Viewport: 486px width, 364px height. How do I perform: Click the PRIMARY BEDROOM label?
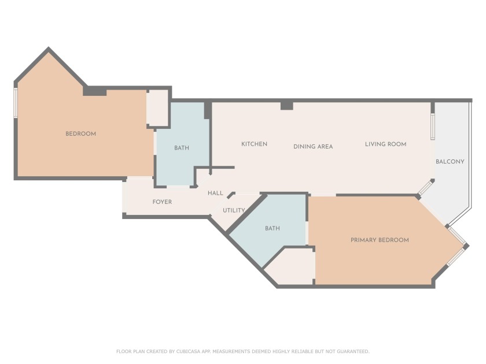380,240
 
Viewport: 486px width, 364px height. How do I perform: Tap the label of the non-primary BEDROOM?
80,134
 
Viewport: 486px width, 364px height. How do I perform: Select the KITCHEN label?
254,144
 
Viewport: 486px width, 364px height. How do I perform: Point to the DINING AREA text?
313,147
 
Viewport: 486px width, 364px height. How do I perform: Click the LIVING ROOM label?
385,144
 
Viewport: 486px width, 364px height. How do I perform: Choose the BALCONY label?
450,162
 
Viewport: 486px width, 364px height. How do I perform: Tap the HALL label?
215,193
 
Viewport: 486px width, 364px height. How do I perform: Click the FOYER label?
162,202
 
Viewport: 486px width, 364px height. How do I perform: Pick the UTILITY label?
234,210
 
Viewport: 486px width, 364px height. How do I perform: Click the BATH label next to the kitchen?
182,148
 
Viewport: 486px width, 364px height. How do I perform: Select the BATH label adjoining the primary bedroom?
273,228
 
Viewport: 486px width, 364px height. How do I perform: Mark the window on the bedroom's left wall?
16,102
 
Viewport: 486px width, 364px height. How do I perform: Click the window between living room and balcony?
432,126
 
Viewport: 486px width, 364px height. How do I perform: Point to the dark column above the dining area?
286,106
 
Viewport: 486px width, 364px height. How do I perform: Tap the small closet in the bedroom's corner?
157,107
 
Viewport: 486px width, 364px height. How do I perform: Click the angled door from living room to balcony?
426,188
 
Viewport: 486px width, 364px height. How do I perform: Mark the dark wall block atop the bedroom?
95,91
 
